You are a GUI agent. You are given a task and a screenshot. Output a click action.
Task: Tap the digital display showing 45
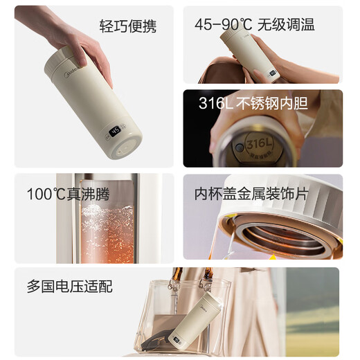click(115, 129)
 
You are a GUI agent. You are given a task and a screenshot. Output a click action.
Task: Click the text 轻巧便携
click(128, 27)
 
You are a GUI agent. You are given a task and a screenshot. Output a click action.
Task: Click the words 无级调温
click(287, 26)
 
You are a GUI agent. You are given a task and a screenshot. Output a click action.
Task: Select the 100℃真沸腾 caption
click(69, 194)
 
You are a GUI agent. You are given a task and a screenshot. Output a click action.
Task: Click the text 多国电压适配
click(69, 285)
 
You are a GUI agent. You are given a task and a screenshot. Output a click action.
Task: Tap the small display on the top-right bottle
click(273, 71)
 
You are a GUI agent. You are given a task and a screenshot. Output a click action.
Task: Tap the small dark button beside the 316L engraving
click(237, 147)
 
